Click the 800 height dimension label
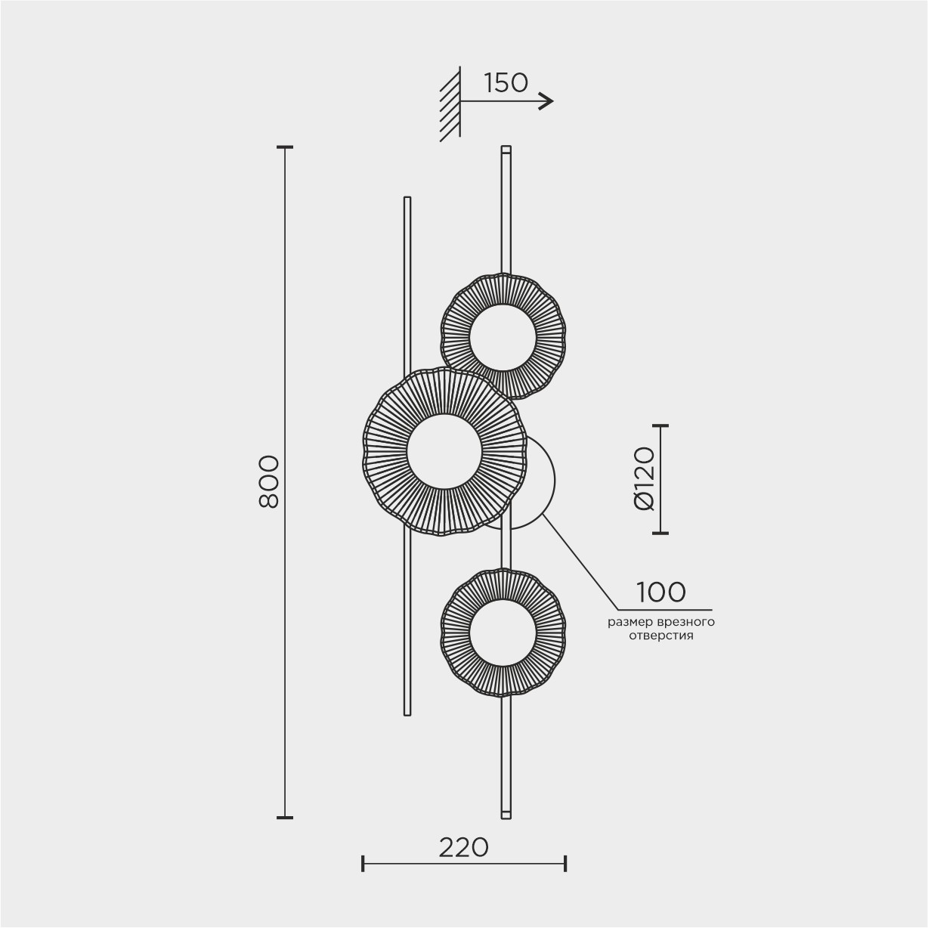pyautogui.click(x=269, y=482)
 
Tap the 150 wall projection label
pyautogui.click(x=506, y=83)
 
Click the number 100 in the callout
pyautogui.click(x=660, y=592)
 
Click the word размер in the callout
pyautogui.click(x=627, y=623)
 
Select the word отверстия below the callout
pyautogui.click(x=661, y=636)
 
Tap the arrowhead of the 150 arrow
pyautogui.click(x=548, y=101)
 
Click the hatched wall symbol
pyautogui.click(x=450, y=104)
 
